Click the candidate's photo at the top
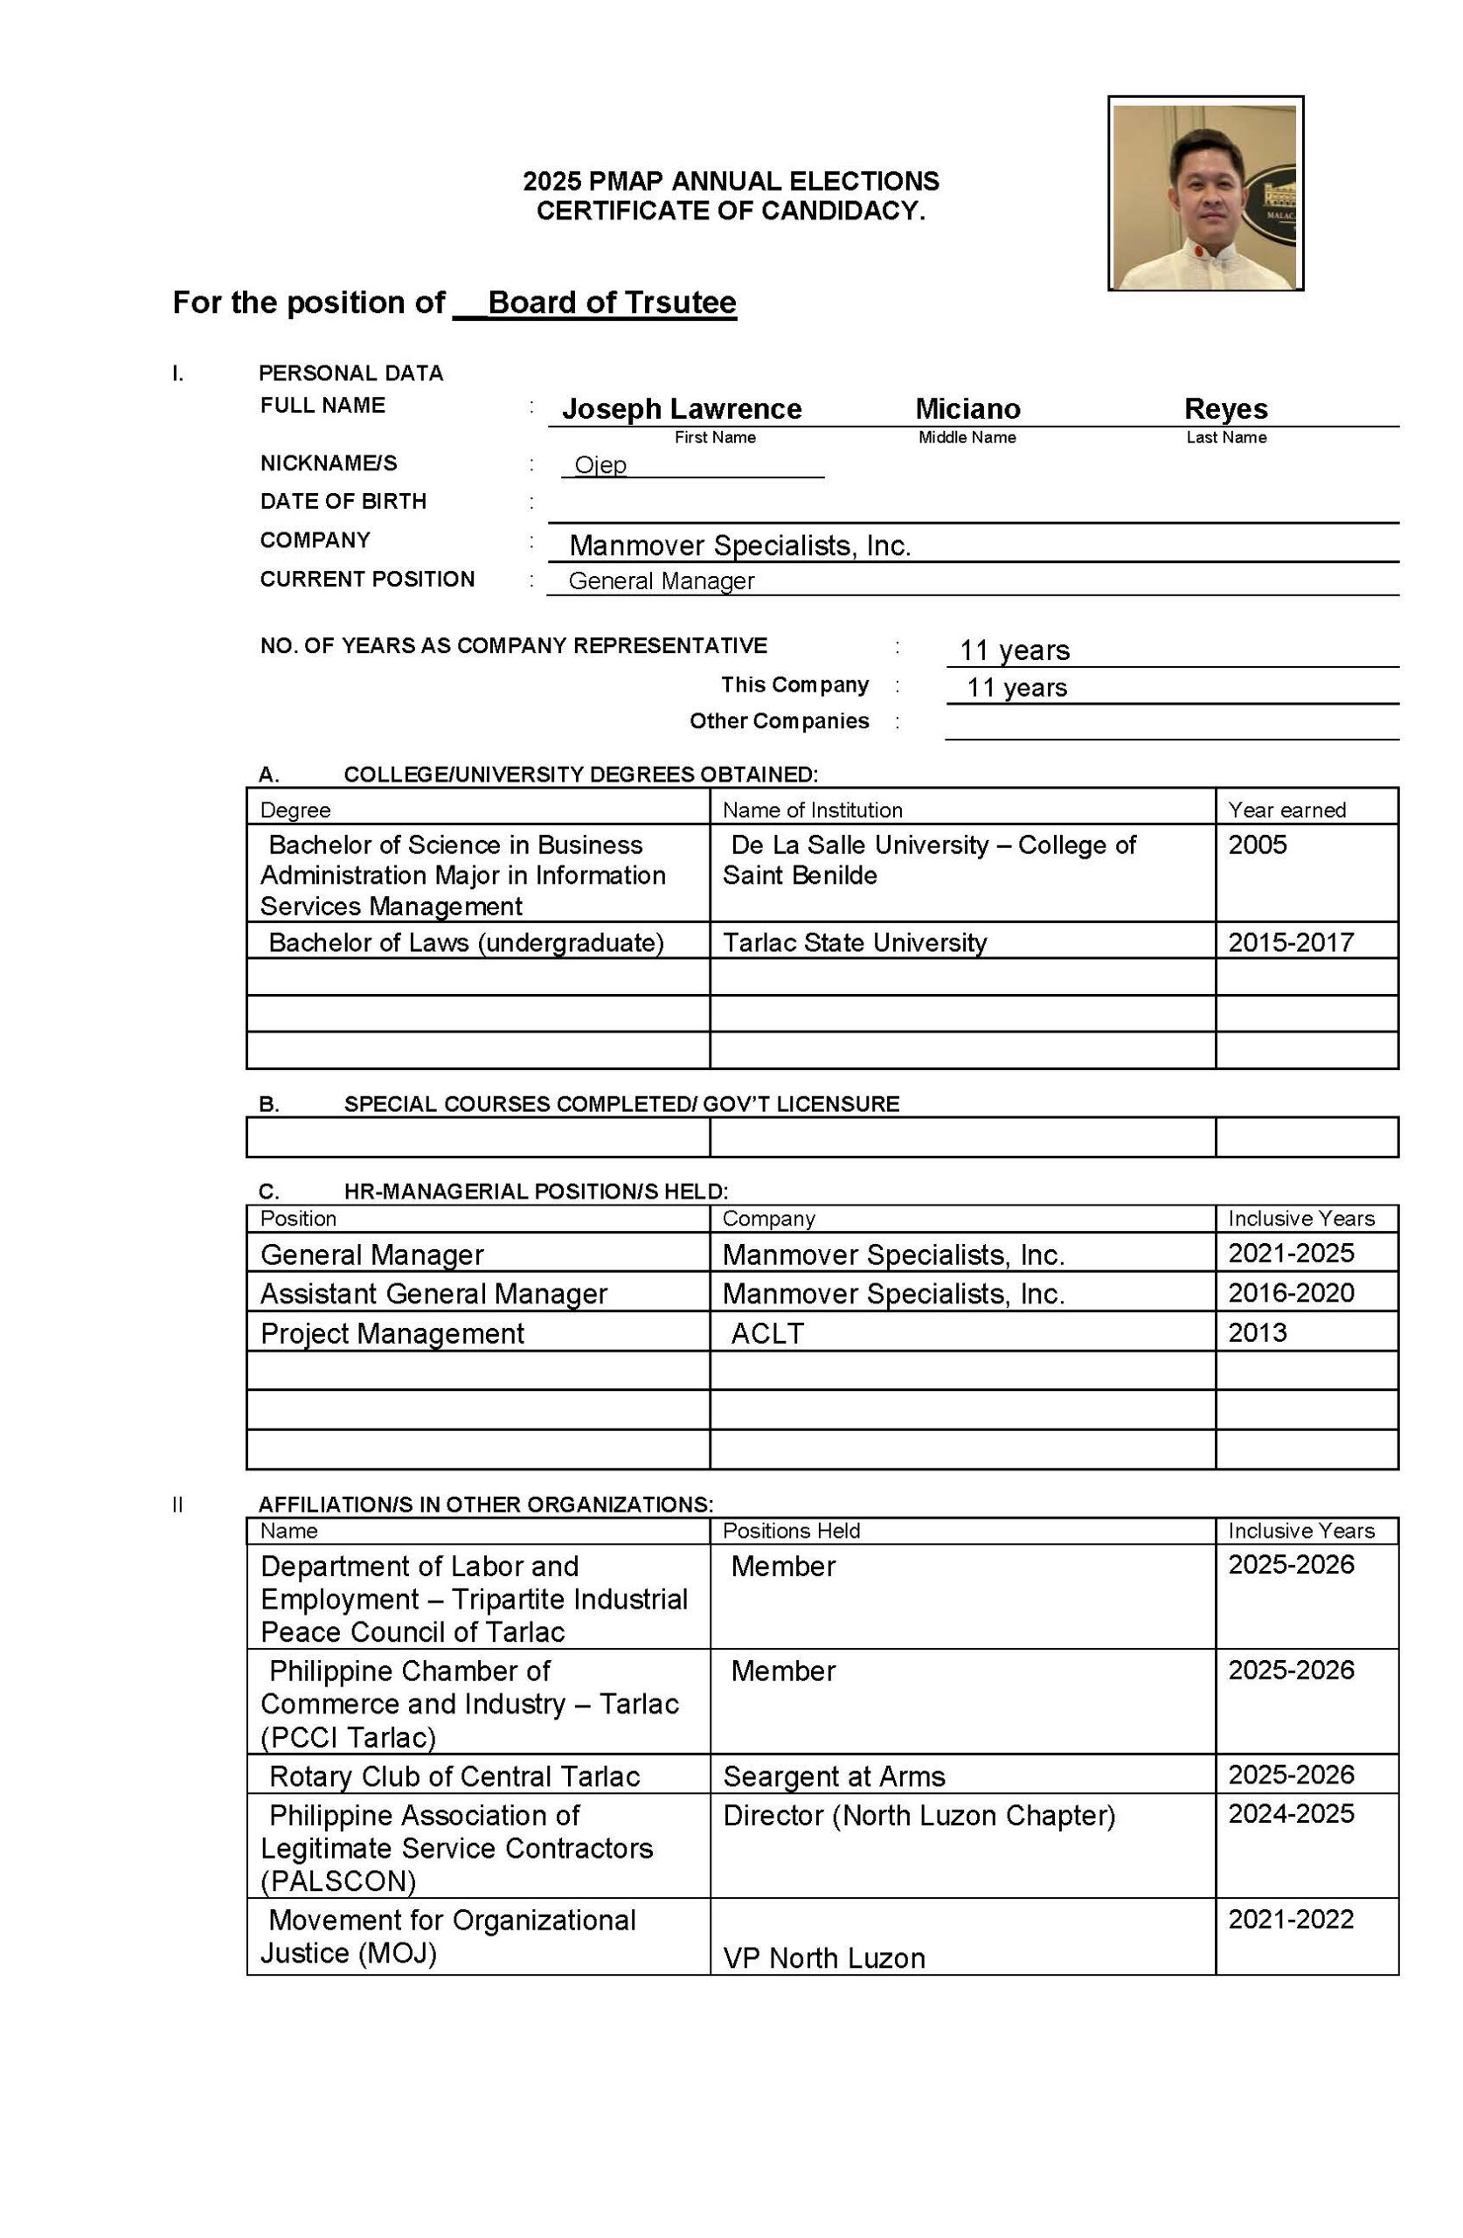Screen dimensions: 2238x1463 [1204, 195]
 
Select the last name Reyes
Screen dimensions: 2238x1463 [1225, 409]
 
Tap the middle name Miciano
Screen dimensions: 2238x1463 [967, 409]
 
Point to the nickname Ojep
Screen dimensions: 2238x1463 [600, 465]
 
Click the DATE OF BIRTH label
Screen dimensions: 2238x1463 [343, 501]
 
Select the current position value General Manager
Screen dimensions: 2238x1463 [661, 581]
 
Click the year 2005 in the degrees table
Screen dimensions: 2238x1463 [1257, 844]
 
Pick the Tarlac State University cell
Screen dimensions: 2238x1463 [854, 942]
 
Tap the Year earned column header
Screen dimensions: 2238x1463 [1286, 810]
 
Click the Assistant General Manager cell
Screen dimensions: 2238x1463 [433, 1294]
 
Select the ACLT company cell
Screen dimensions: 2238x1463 [767, 1333]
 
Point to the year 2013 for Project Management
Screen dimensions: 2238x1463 [1257, 1332]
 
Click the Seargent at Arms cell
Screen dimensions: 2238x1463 [833, 1776]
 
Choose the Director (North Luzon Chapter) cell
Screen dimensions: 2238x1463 [919, 1815]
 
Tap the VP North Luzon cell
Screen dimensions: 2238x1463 [823, 1957]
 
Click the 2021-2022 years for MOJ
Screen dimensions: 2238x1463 [1291, 1919]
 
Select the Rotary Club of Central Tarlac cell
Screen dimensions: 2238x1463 [454, 1776]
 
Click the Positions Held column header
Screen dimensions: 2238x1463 [791, 1531]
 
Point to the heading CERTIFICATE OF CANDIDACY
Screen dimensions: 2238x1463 [731, 211]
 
